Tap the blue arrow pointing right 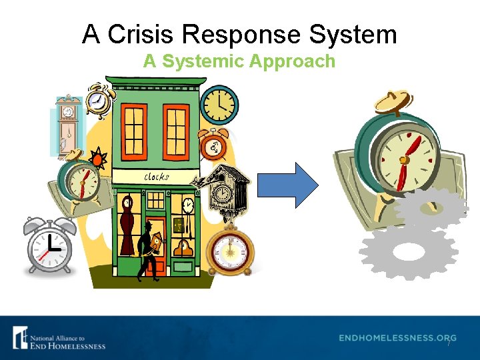(287, 185)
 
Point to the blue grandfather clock (66, 124)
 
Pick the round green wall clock (219, 104)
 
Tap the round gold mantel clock (230, 252)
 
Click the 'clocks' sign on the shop (157, 177)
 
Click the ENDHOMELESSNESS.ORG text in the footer (397, 338)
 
